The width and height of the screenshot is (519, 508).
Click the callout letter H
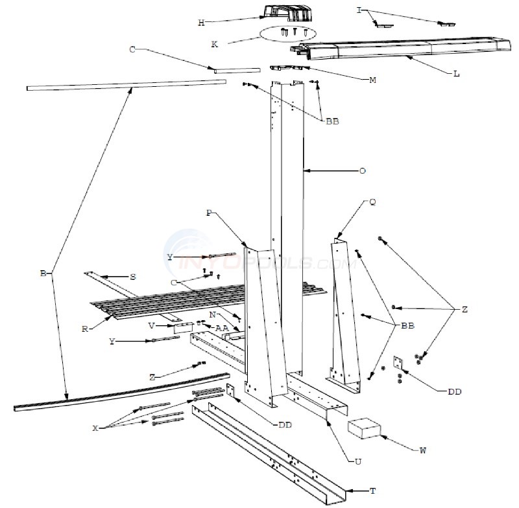pos(201,23)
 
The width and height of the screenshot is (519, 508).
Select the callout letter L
pos(457,74)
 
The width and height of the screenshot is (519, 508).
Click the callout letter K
pos(215,44)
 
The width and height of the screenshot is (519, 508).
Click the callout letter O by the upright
pos(362,171)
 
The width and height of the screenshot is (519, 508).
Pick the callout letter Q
pos(372,202)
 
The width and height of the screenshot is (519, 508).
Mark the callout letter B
pos(43,274)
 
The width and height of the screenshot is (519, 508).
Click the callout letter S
pos(132,277)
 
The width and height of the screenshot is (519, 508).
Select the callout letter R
pos(85,329)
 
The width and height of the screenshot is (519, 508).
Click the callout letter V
pos(151,325)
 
